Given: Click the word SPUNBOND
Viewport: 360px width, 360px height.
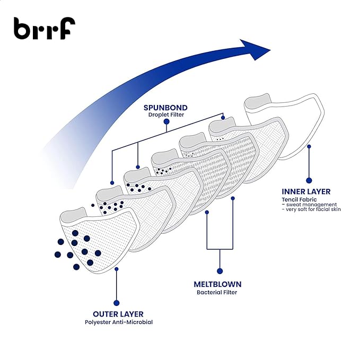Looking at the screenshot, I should click(x=165, y=107).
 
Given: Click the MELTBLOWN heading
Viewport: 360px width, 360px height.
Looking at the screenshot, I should click(x=218, y=284).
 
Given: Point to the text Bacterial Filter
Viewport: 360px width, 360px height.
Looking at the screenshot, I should click(x=217, y=292).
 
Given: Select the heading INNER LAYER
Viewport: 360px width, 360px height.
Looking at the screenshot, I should click(x=306, y=191).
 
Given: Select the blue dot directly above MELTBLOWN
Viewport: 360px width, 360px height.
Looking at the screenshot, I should click(x=220, y=268).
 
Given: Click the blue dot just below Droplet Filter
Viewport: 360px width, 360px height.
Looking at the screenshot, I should click(x=166, y=121).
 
